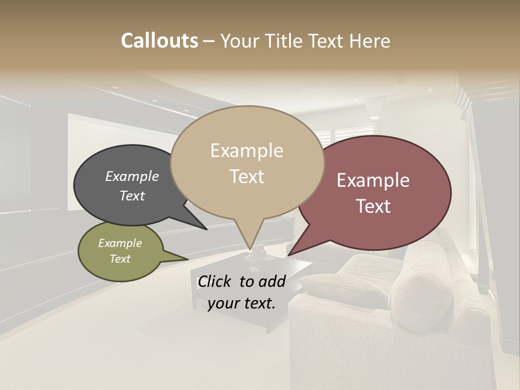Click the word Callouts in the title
pyautogui.click(x=159, y=41)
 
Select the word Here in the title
pyautogui.click(x=370, y=41)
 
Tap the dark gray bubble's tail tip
pyautogui.click(x=206, y=229)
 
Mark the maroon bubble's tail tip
pyautogui.click(x=289, y=255)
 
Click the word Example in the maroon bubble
pyautogui.click(x=373, y=180)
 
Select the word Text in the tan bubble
pyautogui.click(x=247, y=177)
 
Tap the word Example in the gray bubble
pyautogui.click(x=132, y=176)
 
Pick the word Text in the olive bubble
pyautogui.click(x=120, y=259)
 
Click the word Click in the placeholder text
pyautogui.click(x=215, y=281)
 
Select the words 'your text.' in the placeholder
pyautogui.click(x=241, y=304)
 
